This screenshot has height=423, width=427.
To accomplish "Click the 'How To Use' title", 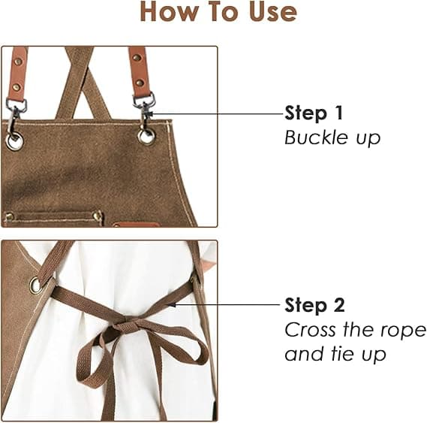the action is coord(218,12).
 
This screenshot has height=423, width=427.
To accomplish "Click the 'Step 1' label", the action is coord(314,113).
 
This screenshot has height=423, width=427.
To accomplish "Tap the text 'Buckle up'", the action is coord(332,137).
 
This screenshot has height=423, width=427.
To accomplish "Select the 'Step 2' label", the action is coord(314,305).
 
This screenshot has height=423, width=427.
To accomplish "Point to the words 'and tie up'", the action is coord(335,354).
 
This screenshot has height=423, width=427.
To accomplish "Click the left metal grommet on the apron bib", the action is coord(14,141).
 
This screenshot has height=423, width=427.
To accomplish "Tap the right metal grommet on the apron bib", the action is coord(146,136).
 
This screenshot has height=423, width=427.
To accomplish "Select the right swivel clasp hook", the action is coord(144,110).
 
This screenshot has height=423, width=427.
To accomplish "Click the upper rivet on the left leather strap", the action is coord(18,62).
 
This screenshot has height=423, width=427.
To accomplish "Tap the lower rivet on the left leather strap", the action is coord(17,87).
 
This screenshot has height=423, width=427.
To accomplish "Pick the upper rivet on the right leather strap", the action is coord(137,58).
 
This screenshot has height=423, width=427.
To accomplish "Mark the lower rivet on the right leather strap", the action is coord(140,83).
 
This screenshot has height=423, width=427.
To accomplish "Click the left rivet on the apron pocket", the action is coord(10,216).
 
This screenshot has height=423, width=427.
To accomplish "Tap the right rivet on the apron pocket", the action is coord(98,215).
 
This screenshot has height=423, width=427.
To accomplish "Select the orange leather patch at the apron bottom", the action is coord(136,225).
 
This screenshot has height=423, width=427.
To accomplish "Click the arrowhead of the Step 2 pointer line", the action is coord(171,304).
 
